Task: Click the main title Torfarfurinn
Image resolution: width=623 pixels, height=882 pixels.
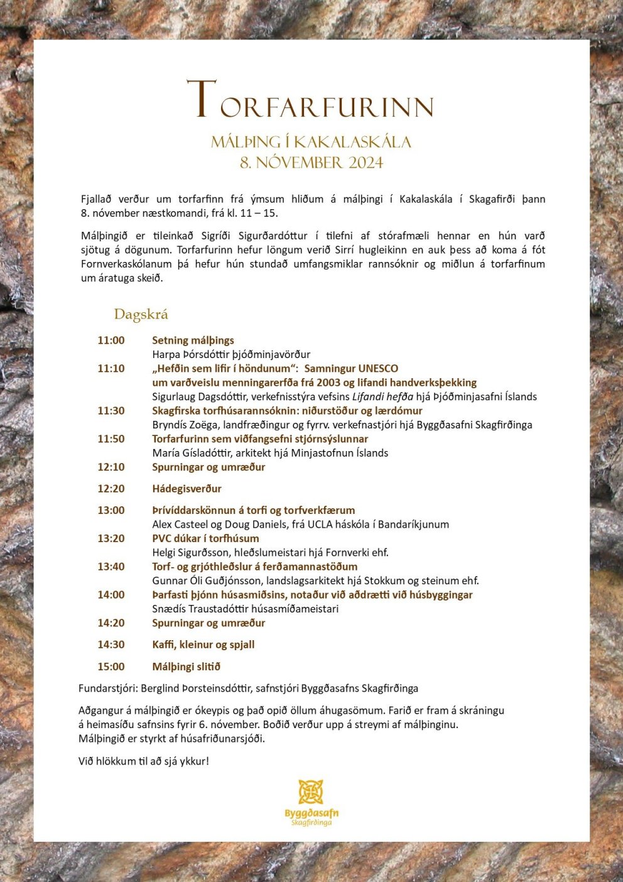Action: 311,101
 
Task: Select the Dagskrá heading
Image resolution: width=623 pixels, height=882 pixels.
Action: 141,314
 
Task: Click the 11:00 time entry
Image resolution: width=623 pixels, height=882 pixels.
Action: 111,340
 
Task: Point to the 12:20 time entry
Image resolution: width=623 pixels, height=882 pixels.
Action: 111,489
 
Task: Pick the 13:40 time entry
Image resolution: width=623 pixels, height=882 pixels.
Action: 111,567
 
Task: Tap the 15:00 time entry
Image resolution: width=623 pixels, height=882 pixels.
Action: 111,667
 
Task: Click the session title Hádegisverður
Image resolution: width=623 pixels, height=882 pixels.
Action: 187,489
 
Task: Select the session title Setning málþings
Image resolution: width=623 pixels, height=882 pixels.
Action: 193,340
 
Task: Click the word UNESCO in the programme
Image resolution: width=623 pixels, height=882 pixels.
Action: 378,369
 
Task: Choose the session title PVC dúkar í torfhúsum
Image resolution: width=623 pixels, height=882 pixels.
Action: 205,538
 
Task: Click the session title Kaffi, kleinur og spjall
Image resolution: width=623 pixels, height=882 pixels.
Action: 203,645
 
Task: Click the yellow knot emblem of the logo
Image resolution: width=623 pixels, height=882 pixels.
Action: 311,792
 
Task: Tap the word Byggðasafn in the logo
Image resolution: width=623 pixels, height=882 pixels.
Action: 311,813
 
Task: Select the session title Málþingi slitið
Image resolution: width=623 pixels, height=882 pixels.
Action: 186,667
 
